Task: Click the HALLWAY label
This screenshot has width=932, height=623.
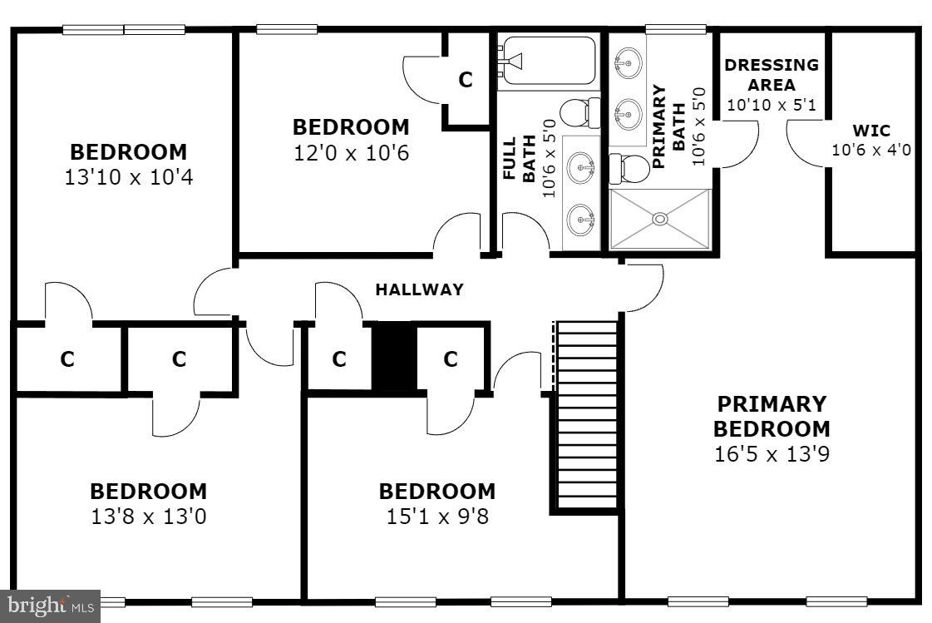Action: pyautogui.click(x=419, y=290)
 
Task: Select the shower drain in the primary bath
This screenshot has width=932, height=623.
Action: pyautogui.click(x=660, y=219)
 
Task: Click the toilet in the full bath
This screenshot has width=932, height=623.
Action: pyautogui.click(x=577, y=111)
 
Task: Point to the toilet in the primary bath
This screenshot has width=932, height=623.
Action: pyautogui.click(x=629, y=169)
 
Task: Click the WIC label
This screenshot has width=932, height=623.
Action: pyautogui.click(x=871, y=131)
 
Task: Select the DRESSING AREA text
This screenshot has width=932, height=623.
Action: pyautogui.click(x=771, y=75)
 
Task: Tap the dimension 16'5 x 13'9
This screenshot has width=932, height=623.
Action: pyautogui.click(x=772, y=454)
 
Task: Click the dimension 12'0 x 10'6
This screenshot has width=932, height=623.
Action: pyautogui.click(x=351, y=153)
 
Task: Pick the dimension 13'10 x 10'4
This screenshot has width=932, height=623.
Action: pyautogui.click(x=128, y=177)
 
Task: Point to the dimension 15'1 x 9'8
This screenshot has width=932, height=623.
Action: pyautogui.click(x=436, y=517)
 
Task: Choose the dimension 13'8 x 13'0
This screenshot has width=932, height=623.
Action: pyautogui.click(x=148, y=517)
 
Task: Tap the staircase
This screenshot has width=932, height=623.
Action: pyautogui.click(x=587, y=416)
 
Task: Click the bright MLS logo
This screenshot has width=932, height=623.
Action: pyautogui.click(x=49, y=605)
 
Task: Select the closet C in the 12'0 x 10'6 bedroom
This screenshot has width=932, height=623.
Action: pyautogui.click(x=466, y=80)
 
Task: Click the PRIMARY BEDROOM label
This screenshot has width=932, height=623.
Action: pyautogui.click(x=772, y=417)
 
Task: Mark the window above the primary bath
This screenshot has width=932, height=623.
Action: pyautogui.click(x=675, y=30)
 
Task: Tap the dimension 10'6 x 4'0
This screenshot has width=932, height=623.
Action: pyautogui.click(x=871, y=150)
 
